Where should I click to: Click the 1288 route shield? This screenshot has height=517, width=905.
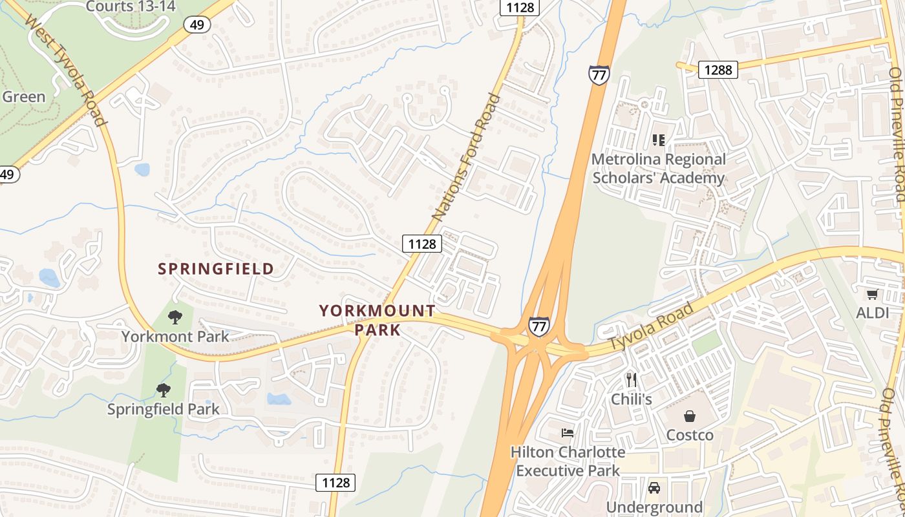[x=718, y=69]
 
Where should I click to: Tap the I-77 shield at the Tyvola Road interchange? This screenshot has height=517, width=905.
[x=538, y=326]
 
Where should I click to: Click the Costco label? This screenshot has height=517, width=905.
[x=690, y=435]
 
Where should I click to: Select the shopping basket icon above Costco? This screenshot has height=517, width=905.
[x=690, y=416]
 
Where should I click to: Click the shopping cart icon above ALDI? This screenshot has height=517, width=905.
[x=872, y=295]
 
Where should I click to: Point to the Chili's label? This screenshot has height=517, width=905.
[x=631, y=399]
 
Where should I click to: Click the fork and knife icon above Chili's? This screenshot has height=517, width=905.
[x=631, y=380]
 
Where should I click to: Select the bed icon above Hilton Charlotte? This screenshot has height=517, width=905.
[x=568, y=432]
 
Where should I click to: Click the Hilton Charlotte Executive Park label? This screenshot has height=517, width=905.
[x=568, y=461]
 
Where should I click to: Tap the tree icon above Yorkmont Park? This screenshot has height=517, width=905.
[x=175, y=317]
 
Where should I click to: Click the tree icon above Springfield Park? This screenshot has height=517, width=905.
[x=164, y=390]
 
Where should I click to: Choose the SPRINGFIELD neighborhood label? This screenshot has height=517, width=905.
[x=216, y=269]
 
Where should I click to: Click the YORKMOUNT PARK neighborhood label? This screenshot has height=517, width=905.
[x=378, y=320]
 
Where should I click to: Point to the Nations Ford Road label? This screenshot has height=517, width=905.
[x=466, y=159]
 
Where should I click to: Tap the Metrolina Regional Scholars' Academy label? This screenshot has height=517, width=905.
[x=659, y=168]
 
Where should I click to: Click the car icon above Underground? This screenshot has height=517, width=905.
[x=654, y=488]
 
